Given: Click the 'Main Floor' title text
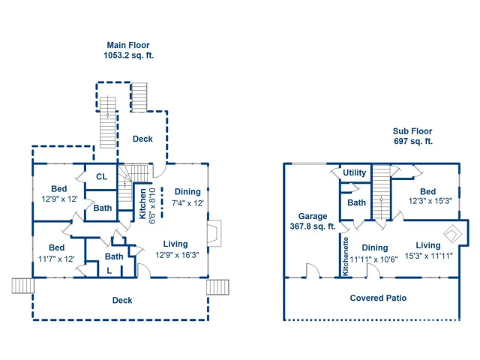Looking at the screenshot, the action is pyautogui.click(x=128, y=45).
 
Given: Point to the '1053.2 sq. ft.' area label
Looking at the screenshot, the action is pyautogui.click(x=128, y=55).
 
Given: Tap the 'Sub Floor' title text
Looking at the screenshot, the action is pyautogui.click(x=412, y=131).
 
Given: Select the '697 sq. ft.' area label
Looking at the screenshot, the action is pyautogui.click(x=413, y=142).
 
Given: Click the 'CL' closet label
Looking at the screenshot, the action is pyautogui.click(x=102, y=177).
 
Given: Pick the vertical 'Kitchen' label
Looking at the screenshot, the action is pyautogui.click(x=142, y=203).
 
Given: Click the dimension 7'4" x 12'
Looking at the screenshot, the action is pyautogui.click(x=187, y=203).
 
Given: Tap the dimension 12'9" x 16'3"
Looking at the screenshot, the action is pyautogui.click(x=177, y=255).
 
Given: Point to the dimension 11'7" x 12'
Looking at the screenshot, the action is pyautogui.click(x=56, y=259).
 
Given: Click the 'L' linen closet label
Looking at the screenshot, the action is pyautogui.click(x=109, y=271).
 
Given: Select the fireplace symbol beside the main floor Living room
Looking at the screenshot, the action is pyautogui.click(x=214, y=233).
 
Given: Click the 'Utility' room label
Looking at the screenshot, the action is pyautogui.click(x=354, y=172).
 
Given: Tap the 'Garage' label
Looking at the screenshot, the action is pyautogui.click(x=313, y=217).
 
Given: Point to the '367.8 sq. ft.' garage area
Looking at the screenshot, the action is pyautogui.click(x=313, y=226).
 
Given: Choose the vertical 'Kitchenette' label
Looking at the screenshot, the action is pyautogui.click(x=345, y=256).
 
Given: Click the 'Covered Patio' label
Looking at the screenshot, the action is pyautogui.click(x=378, y=298).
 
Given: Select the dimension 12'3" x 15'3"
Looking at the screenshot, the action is pyautogui.click(x=430, y=201).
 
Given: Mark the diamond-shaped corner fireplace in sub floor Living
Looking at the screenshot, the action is pyautogui.click(x=453, y=234).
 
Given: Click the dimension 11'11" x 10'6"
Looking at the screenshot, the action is pyautogui.click(x=373, y=259).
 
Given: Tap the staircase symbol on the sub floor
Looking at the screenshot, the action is pyautogui.click(x=382, y=192).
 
